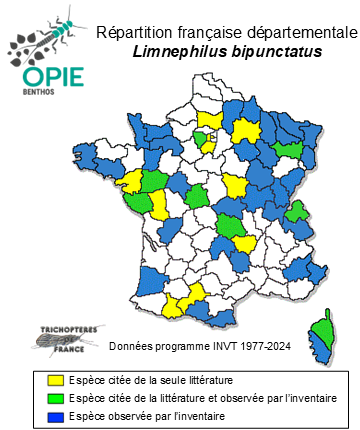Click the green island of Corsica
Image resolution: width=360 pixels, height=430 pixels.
click(323, 329)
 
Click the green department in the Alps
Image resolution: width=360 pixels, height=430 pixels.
click(296, 211)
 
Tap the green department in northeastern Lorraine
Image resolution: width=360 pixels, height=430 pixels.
click(290, 147)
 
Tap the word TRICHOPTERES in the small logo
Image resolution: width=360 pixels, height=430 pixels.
click(61, 328)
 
